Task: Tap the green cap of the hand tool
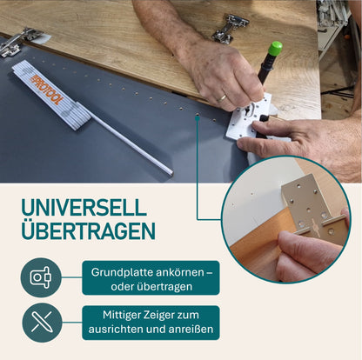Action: click(274, 49)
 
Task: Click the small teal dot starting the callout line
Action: click(198, 116)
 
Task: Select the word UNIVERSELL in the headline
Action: click(84, 209)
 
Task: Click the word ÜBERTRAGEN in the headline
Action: click(88, 231)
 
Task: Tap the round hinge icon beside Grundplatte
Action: click(41, 277)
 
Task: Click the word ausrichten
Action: click(118, 330)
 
